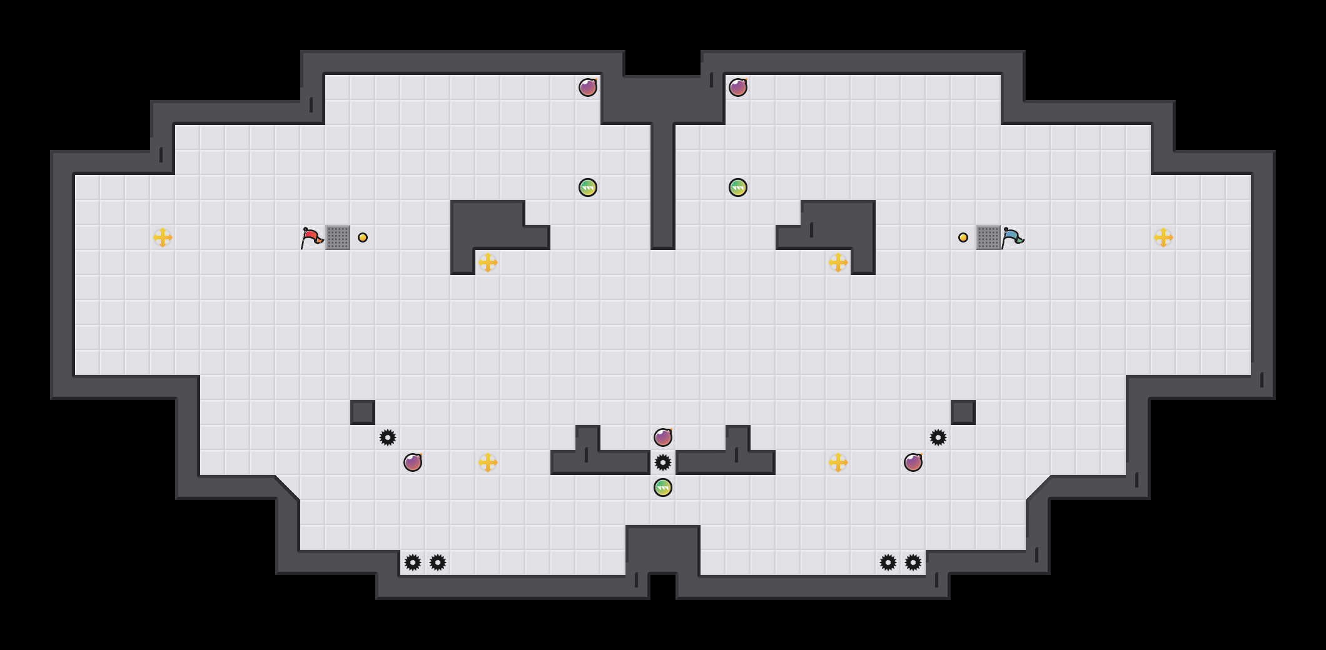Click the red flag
(311, 237)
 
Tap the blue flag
(1012, 237)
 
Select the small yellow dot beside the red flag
(363, 237)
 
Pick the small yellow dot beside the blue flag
(963, 237)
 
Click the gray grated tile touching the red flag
(338, 237)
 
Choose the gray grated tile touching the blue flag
(988, 237)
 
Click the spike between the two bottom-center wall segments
(663, 462)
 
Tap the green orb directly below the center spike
(663, 487)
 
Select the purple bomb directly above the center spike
(663, 437)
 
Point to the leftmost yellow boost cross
(163, 237)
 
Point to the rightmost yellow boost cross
(1163, 237)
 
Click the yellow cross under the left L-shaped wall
(488, 262)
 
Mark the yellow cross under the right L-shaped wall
(838, 262)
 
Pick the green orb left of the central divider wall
(588, 187)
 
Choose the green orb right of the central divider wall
(738, 187)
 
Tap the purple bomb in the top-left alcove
(588, 87)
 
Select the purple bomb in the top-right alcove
(738, 87)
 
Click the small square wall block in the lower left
(363, 412)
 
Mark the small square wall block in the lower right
(963, 412)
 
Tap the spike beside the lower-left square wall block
(388, 437)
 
